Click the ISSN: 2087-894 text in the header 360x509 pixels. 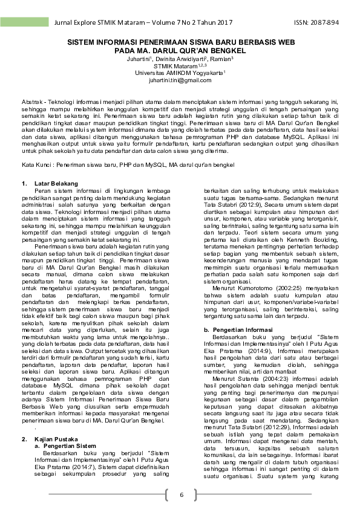pos(316,22)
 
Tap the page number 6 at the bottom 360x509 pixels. pos(180,496)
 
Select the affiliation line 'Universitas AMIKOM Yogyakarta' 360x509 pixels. pos(179,73)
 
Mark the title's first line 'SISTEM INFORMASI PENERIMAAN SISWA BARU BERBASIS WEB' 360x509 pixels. pos(180,44)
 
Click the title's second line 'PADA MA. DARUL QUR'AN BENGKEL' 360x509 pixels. pos(180,52)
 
